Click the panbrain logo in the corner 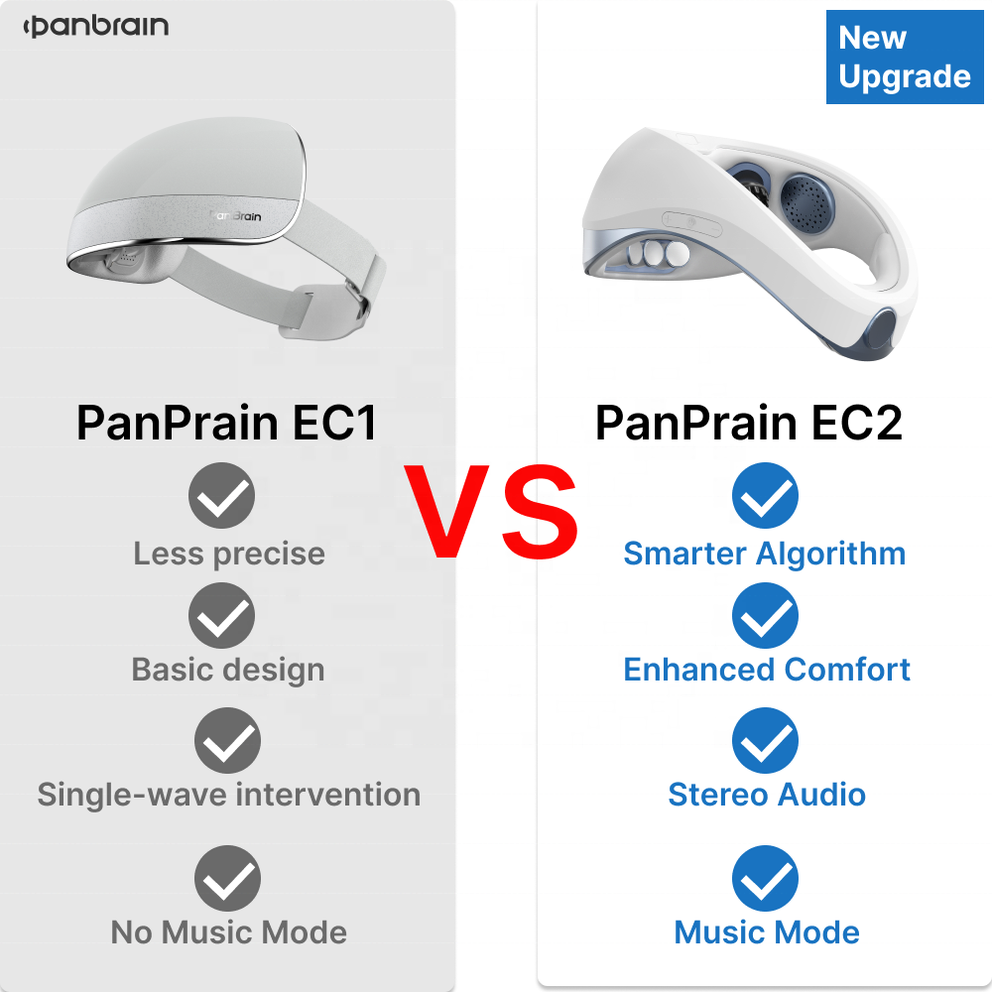96,27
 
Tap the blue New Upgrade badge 904,58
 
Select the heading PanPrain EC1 227,424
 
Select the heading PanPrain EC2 749,424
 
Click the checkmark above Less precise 222,495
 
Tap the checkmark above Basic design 222,616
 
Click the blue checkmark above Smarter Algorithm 765,495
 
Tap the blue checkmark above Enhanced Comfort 765,616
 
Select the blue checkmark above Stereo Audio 765,741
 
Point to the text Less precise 229,554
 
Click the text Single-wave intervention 229,795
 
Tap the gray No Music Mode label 229,932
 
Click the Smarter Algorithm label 765,554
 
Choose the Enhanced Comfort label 767,670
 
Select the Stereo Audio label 767,795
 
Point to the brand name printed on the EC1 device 235,214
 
